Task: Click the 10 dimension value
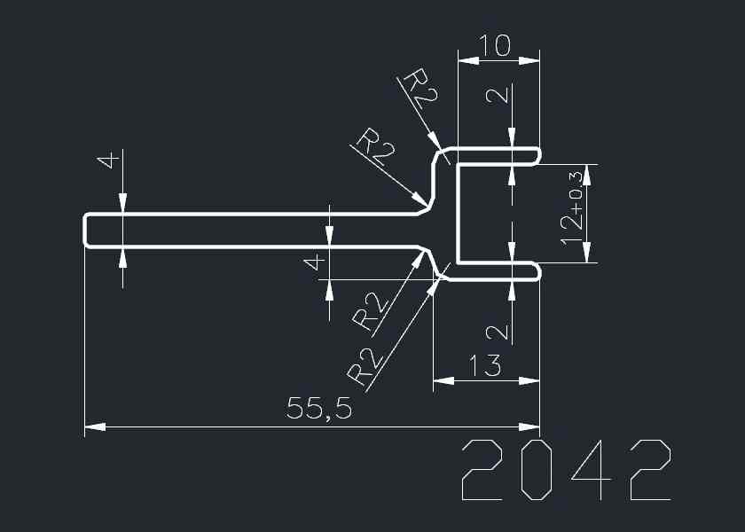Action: tap(495, 45)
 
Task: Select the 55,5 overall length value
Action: tap(319, 409)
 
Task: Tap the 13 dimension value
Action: tap(485, 364)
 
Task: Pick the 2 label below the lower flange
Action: tap(499, 332)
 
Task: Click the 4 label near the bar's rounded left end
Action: tap(109, 161)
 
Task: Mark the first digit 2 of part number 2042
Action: tap(482, 469)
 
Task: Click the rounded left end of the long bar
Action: tap(86, 231)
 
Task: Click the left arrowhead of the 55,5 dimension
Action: tap(92, 427)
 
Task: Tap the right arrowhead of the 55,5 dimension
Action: tap(532, 427)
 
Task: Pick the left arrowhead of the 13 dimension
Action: tap(441, 381)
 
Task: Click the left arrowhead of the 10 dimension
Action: tap(466, 60)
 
